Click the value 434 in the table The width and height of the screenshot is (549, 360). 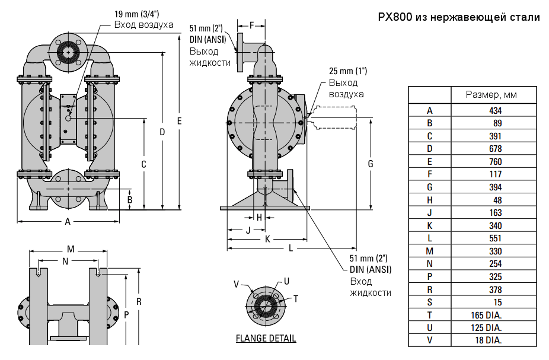pyautogui.click(x=495, y=110)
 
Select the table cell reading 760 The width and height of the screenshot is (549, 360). pyautogui.click(x=495, y=161)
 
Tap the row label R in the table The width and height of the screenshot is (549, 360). pyautogui.click(x=430, y=289)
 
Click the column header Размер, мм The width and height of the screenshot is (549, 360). pyautogui.click(x=491, y=95)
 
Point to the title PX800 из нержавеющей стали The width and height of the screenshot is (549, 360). pyautogui.click(x=459, y=18)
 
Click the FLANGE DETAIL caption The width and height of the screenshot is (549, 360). pyautogui.click(x=266, y=339)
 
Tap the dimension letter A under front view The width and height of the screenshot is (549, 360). pyautogui.click(x=68, y=221)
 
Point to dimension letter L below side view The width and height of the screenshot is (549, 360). pyautogui.click(x=291, y=248)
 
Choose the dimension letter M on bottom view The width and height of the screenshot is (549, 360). pyautogui.click(x=71, y=249)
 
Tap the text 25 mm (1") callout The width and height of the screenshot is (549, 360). pyautogui.click(x=348, y=71)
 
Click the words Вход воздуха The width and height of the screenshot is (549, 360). pyautogui.click(x=143, y=25)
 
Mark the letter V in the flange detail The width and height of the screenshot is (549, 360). pyautogui.click(x=236, y=285)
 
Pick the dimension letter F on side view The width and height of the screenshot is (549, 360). pyautogui.click(x=251, y=26)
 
